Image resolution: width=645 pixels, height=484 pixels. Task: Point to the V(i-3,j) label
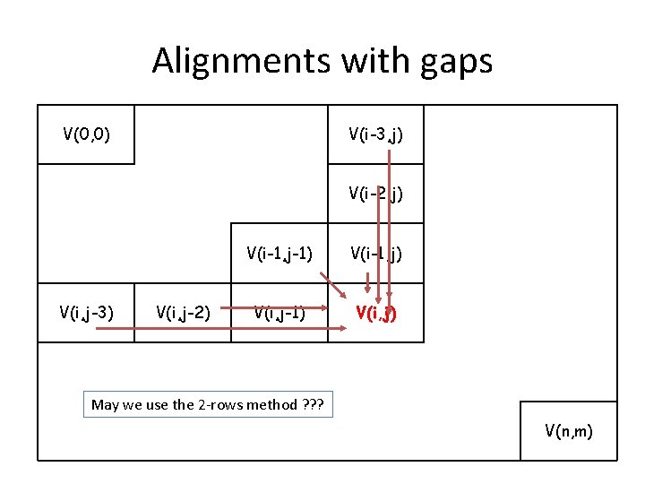coord(375,135)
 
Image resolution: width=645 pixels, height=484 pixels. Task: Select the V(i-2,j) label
coord(375,193)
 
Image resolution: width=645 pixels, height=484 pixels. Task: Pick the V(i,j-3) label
coord(86,312)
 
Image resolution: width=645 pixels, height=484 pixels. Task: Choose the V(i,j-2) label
coord(183,312)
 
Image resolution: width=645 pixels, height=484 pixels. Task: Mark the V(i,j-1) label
coord(279,312)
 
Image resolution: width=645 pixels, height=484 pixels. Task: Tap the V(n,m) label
coord(568,431)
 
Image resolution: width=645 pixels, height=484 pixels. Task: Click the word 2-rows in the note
coord(221,404)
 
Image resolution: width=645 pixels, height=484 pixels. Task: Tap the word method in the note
coord(272,404)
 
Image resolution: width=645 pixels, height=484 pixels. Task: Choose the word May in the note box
coord(105,404)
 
